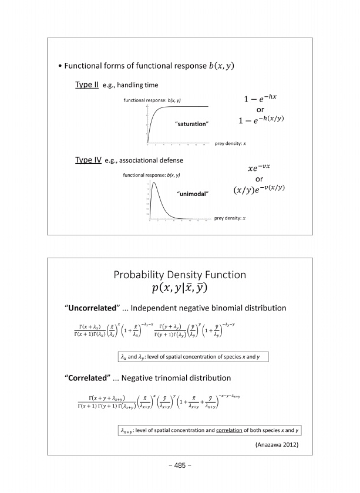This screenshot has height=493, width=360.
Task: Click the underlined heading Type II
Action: tap(88, 85)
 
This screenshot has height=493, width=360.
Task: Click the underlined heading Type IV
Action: tap(89, 160)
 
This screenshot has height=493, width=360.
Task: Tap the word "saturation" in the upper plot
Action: tap(192, 124)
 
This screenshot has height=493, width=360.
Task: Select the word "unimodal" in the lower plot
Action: tap(193, 193)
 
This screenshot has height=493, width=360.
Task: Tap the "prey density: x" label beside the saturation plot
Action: tap(230, 144)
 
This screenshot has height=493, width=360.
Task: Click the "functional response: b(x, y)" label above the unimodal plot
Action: tap(152, 175)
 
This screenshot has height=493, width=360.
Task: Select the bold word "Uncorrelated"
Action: tap(92, 308)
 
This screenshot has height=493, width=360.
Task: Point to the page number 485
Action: tap(180, 465)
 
